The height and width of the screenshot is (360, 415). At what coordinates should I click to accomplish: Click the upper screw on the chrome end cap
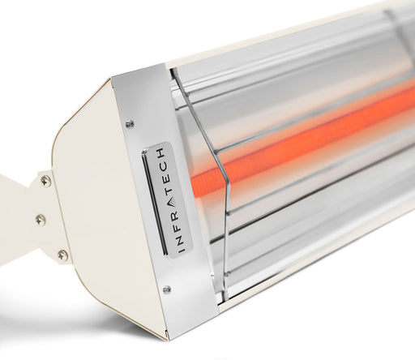tap(130, 124)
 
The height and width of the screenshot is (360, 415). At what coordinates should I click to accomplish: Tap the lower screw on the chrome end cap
tap(166, 289)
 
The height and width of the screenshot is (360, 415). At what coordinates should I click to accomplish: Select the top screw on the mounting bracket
tap(46, 182)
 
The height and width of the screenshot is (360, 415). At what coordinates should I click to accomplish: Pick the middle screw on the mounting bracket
tap(40, 219)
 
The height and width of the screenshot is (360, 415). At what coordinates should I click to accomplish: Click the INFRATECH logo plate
tap(158, 199)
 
